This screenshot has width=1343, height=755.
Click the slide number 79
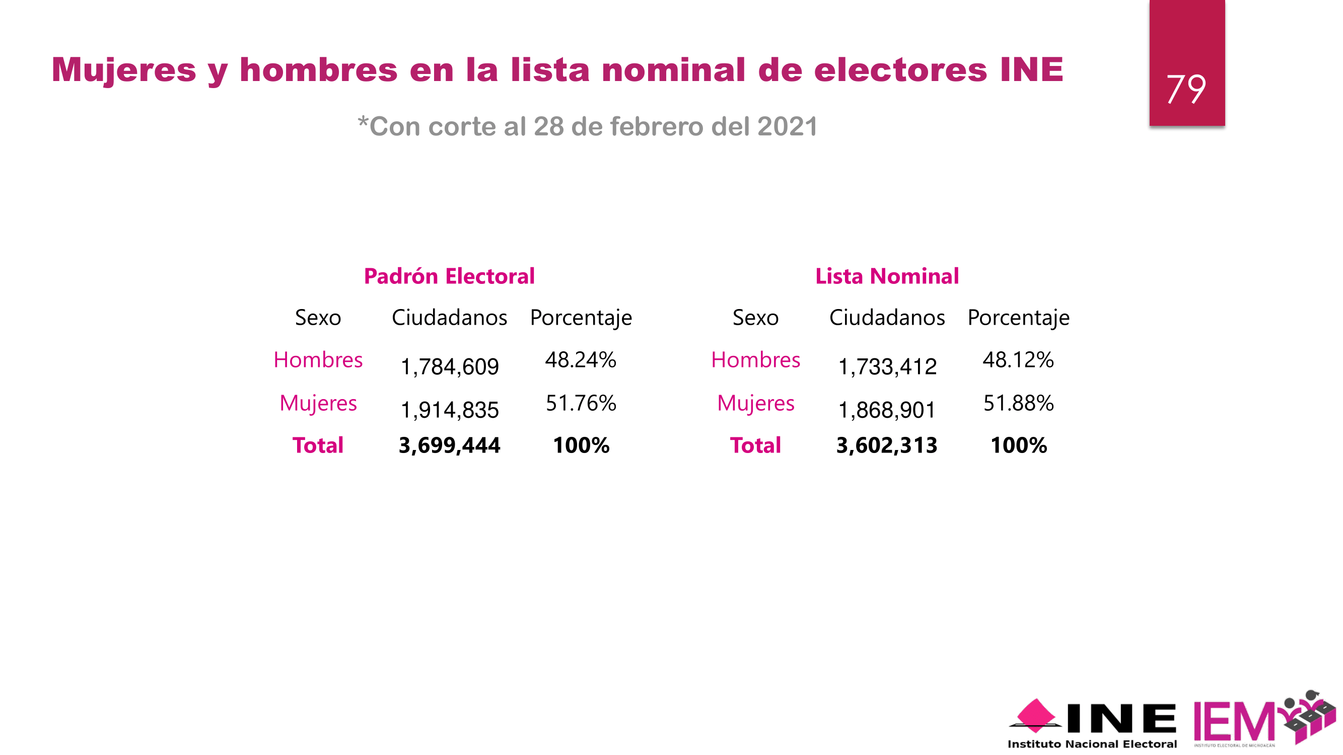(1186, 89)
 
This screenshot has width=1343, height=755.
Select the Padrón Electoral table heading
(449, 276)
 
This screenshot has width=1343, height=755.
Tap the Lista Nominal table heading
(887, 276)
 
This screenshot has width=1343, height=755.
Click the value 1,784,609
(449, 367)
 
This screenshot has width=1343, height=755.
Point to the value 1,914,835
(449, 410)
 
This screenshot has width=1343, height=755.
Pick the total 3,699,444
(449, 445)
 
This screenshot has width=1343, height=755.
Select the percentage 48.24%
(581, 360)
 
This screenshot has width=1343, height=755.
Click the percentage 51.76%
(581, 403)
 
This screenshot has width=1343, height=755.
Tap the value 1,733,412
(887, 367)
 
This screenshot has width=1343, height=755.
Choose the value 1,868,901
(887, 410)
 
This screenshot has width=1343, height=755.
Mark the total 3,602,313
(887, 445)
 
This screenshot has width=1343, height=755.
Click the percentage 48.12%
(1018, 360)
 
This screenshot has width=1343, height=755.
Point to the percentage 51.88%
(1018, 403)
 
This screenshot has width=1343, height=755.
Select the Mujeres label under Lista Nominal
(755, 403)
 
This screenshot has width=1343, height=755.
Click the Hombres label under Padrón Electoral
(318, 360)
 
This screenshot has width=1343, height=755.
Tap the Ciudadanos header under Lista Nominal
(887, 317)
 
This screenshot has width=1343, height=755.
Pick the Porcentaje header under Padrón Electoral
(581, 317)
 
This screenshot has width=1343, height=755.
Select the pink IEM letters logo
(1234, 722)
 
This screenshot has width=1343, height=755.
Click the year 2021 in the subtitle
(787, 127)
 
